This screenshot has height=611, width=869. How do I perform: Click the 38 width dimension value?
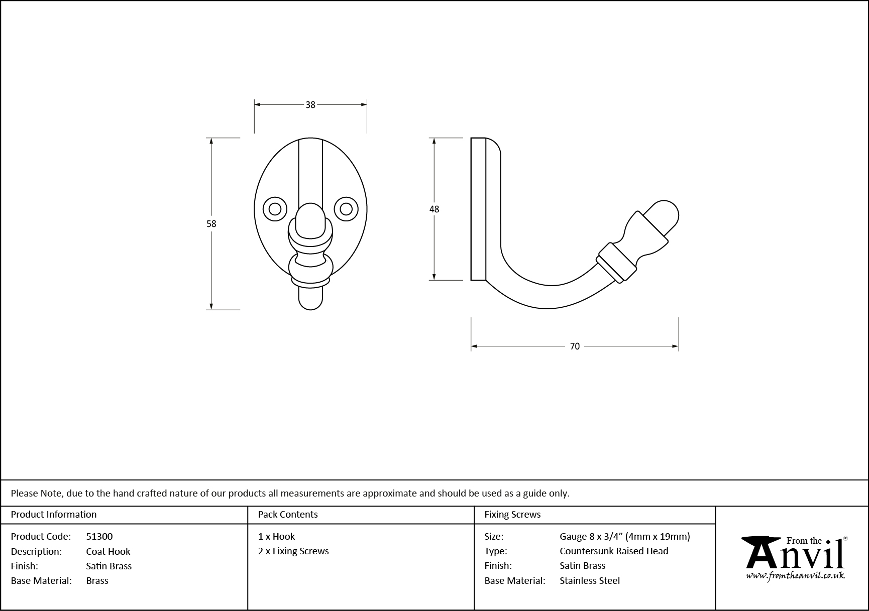pos(310,105)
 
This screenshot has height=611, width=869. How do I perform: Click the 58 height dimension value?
pos(211,224)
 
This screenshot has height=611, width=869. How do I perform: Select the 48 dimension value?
pos(434,209)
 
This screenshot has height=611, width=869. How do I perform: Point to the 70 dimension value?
pos(575,346)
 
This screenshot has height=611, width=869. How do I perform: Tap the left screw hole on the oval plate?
pos(275,208)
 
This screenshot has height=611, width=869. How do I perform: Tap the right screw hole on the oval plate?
pos(346,208)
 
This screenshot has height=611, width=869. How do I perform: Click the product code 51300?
pos(99,537)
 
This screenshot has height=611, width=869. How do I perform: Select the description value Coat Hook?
pos(108,551)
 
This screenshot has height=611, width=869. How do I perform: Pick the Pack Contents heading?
pos(288,515)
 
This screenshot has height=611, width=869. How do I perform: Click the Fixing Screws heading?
pos(512,515)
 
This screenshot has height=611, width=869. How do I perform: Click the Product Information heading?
pos(54,515)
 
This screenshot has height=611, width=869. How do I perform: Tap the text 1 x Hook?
pos(277,537)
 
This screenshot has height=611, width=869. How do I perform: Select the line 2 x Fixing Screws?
pos(293,551)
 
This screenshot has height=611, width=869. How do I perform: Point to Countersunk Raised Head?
pos(614,551)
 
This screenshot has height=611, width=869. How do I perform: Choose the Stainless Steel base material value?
pos(590,581)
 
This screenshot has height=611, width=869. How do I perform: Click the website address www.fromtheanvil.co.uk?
pos(795,576)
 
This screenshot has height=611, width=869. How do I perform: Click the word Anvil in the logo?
pos(794,556)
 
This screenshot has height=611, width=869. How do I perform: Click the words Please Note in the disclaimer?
pos(37,494)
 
